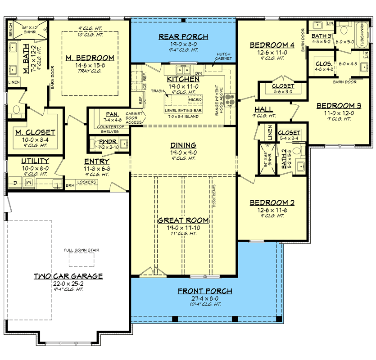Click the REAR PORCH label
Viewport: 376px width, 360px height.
click(x=183, y=36)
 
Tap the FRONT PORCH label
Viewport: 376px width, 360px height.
click(x=205, y=291)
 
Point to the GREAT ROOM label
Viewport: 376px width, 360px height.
click(x=183, y=220)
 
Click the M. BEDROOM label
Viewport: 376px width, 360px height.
click(x=89, y=58)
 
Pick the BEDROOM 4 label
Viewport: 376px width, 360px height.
click(x=272, y=45)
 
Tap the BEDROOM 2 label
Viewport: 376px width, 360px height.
click(x=272, y=202)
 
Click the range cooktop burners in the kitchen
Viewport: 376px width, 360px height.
click(x=231, y=99)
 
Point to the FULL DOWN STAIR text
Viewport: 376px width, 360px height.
click(x=81, y=250)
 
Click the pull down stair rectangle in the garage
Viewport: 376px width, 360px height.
click(x=81, y=260)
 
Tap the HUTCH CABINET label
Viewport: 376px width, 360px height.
click(x=223, y=56)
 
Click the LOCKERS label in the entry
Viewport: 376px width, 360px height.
click(x=87, y=182)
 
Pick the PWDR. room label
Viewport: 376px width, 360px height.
click(x=109, y=141)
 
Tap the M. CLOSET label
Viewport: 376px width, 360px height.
click(x=35, y=132)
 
